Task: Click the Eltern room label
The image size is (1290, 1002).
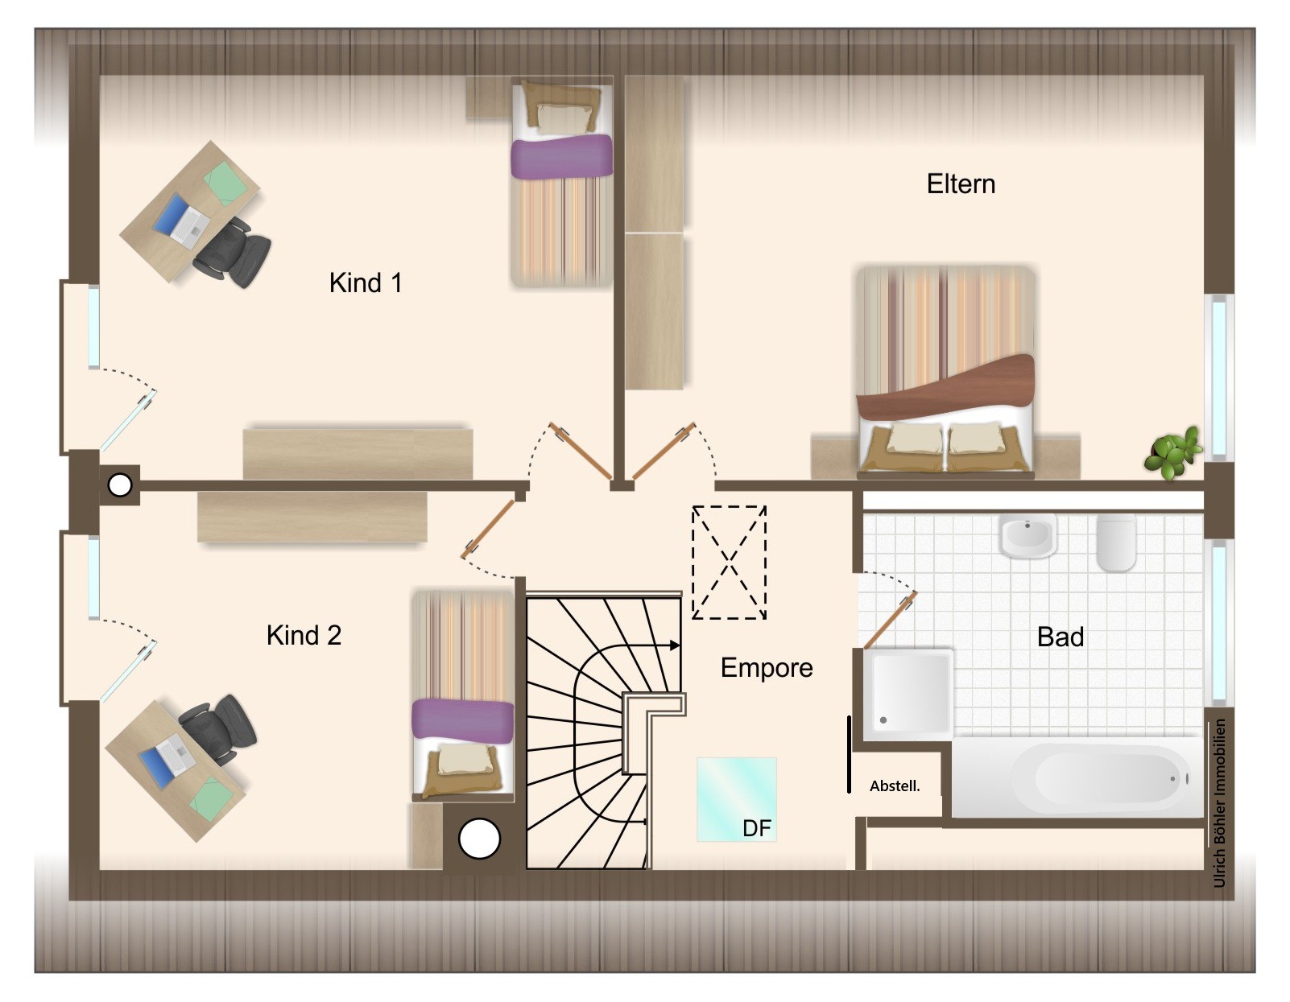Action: tap(961, 184)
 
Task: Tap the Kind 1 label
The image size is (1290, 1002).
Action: tap(366, 283)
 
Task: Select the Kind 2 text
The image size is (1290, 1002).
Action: tap(304, 635)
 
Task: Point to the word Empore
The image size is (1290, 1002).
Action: tap(767, 669)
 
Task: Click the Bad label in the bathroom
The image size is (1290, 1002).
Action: tap(1061, 637)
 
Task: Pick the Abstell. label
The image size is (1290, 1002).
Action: tap(895, 786)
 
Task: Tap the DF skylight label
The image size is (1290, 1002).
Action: tap(757, 828)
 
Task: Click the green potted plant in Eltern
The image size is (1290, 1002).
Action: tap(1173, 452)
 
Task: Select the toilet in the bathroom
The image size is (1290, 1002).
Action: tap(1116, 542)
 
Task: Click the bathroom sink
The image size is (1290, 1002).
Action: tap(1027, 536)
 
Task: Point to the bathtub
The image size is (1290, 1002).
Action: tap(1077, 777)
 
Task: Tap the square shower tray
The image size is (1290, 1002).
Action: tap(908, 695)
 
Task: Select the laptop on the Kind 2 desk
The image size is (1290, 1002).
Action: tap(167, 754)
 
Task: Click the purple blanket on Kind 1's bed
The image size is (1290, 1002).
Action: tap(561, 156)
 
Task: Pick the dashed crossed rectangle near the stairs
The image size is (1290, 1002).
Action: tap(729, 562)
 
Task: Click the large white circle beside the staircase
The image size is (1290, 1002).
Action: tap(480, 839)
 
